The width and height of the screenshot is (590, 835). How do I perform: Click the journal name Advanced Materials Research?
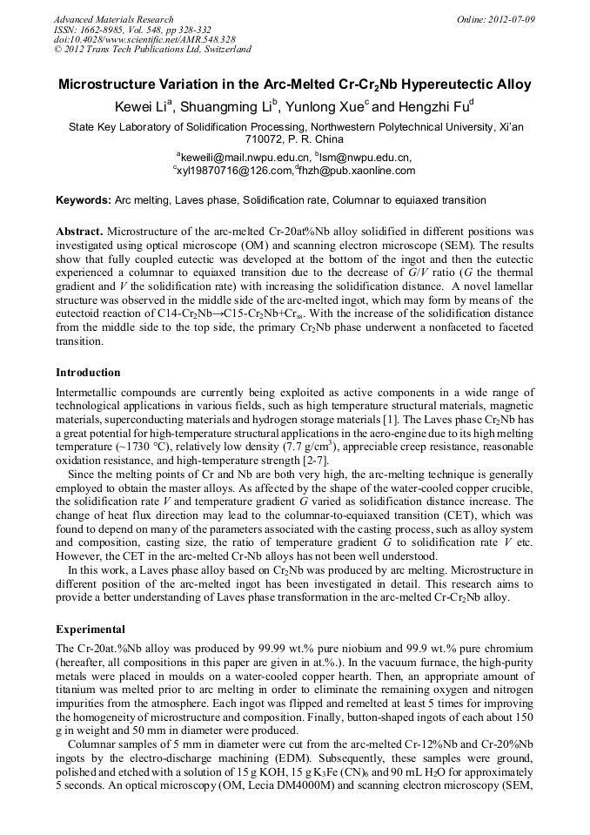point(113,19)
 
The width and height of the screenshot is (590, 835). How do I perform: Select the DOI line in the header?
point(144,39)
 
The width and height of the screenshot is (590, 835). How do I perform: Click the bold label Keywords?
point(84,200)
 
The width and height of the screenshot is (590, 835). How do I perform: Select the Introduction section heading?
point(88,373)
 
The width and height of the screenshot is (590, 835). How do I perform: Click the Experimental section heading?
point(91,629)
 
